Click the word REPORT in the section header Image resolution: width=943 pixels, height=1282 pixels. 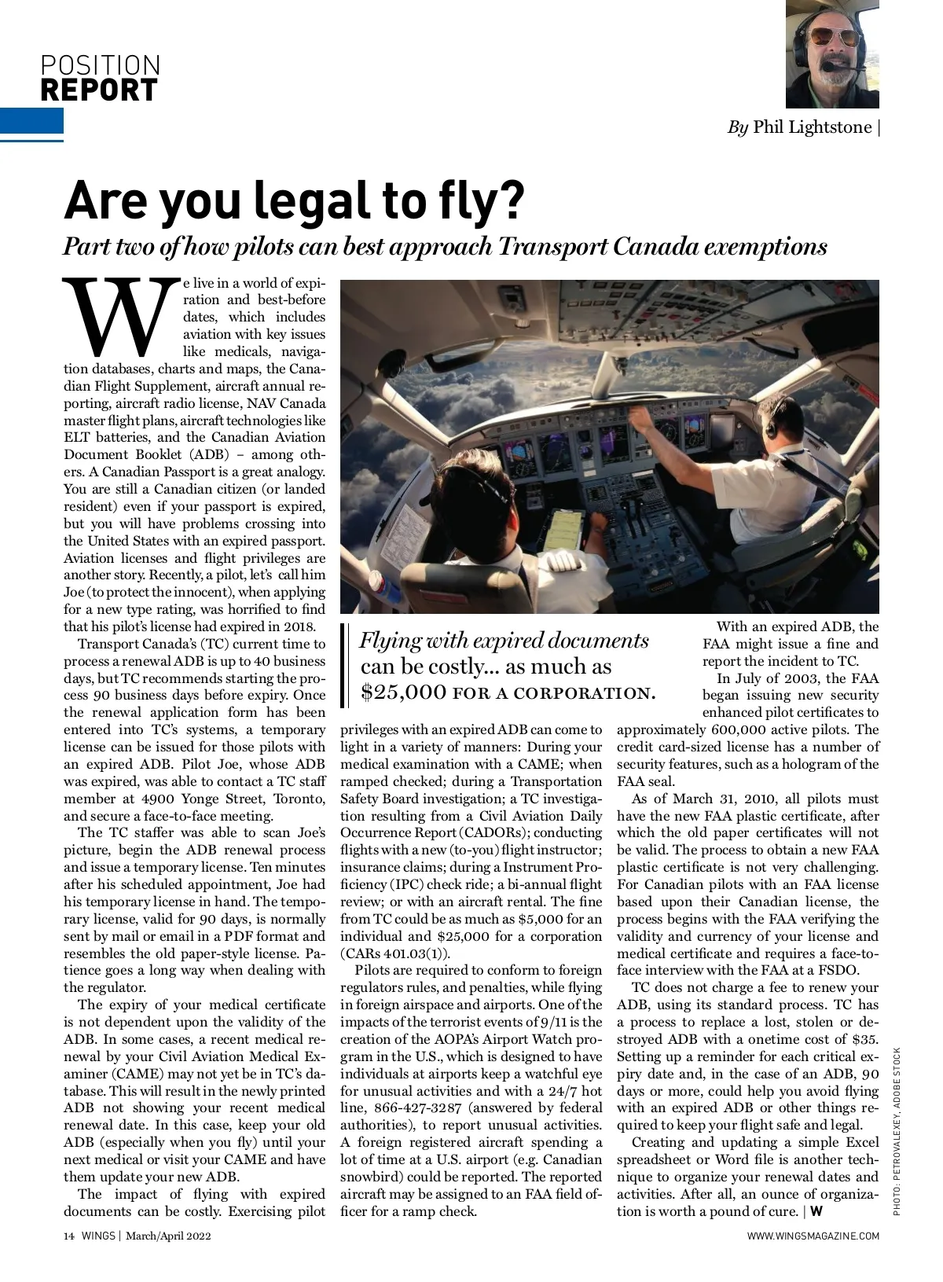[x=99, y=90]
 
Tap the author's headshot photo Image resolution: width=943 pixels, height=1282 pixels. [x=832, y=53]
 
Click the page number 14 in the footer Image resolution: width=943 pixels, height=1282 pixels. [x=68, y=1236]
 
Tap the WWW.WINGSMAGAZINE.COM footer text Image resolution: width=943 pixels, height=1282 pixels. [x=813, y=1236]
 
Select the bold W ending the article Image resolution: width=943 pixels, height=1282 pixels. [x=816, y=1210]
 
